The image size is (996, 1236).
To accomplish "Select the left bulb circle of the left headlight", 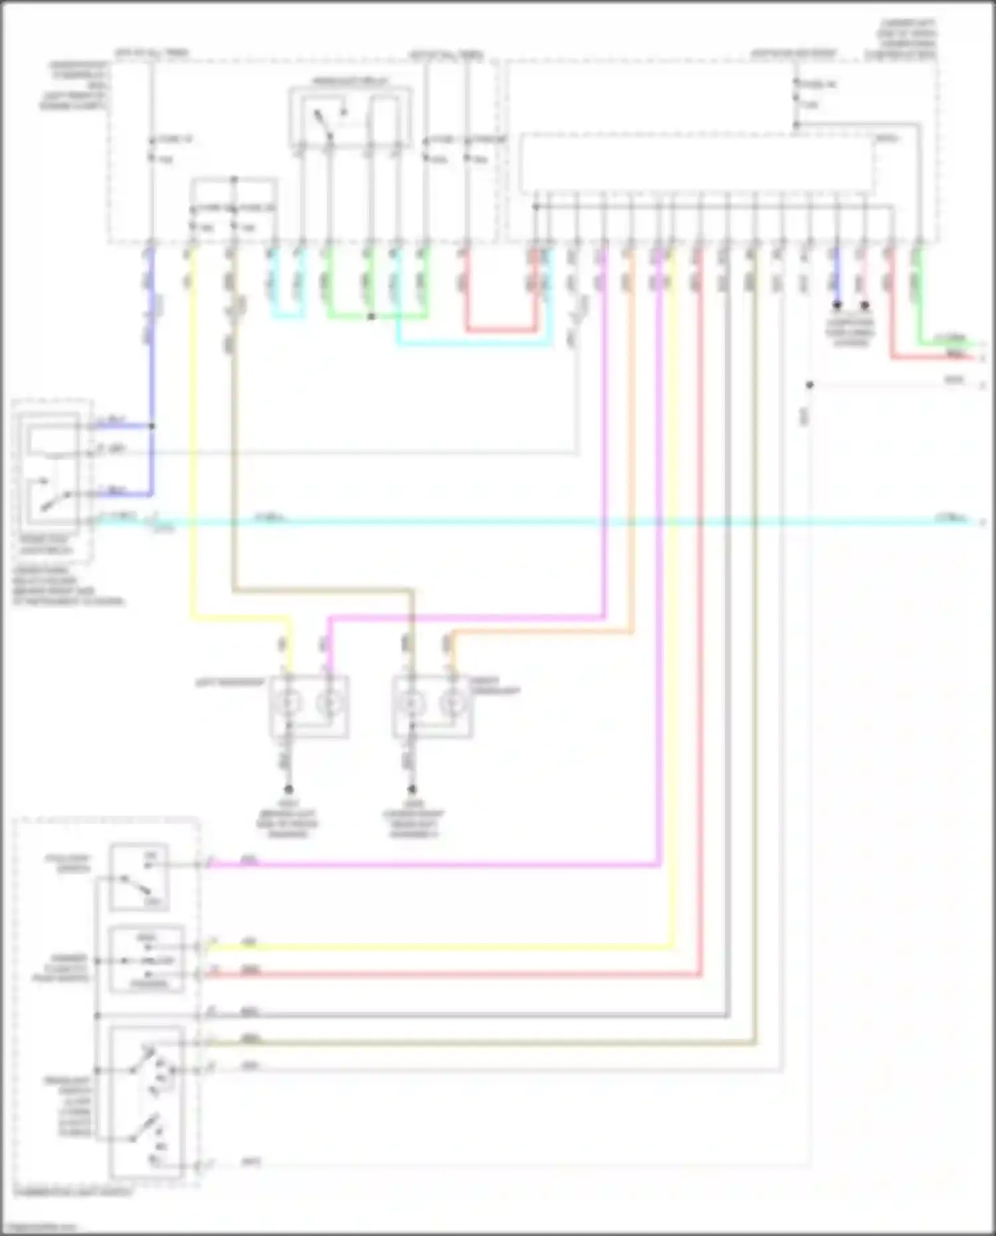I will click(x=289, y=702).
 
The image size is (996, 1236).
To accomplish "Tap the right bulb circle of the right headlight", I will click(x=454, y=702).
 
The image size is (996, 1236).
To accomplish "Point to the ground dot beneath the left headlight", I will click(x=289, y=790).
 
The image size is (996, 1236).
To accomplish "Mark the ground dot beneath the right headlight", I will click(x=412, y=790).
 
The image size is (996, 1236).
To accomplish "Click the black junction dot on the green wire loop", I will click(x=371, y=317).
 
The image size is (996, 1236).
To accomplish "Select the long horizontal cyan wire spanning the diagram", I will click(x=531, y=522).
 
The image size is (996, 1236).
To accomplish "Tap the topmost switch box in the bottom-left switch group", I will click(x=139, y=877).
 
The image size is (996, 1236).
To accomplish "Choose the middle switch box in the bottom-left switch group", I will click(x=146, y=960).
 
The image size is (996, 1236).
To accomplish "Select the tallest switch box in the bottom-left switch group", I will click(x=146, y=1103).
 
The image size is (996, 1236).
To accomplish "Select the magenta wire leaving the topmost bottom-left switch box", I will click(x=432, y=865).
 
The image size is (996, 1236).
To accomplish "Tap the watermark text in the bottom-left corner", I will click(x=33, y=1227).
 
